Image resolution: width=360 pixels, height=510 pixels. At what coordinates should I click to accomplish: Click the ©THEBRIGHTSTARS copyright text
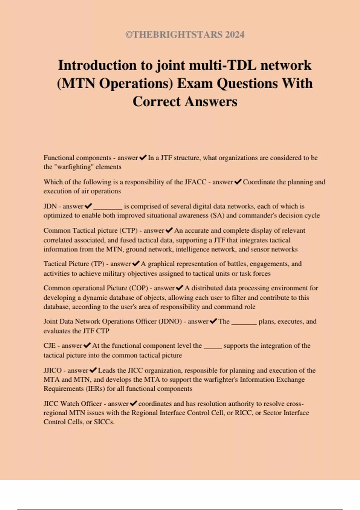[174, 34]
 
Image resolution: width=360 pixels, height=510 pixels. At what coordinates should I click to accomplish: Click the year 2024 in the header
[235, 34]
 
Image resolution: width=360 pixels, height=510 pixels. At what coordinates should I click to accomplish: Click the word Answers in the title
[211, 101]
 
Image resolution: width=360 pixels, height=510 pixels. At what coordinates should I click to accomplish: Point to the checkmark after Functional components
[143, 157]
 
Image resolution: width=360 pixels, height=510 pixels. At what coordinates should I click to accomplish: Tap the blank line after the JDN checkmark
[108, 207]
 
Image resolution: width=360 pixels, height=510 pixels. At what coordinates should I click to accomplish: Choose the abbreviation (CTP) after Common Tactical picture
[128, 230]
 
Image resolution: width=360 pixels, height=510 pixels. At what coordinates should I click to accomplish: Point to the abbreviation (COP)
[139, 288]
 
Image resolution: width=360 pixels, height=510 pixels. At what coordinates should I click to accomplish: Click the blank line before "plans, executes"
[244, 323]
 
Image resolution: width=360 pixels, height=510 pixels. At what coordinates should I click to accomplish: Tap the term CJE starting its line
[49, 346]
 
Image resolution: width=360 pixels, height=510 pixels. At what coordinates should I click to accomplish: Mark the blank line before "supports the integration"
[213, 347]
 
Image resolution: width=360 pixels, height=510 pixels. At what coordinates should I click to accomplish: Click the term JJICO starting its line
[52, 370]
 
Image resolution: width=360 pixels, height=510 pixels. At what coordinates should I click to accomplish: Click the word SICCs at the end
[104, 422]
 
